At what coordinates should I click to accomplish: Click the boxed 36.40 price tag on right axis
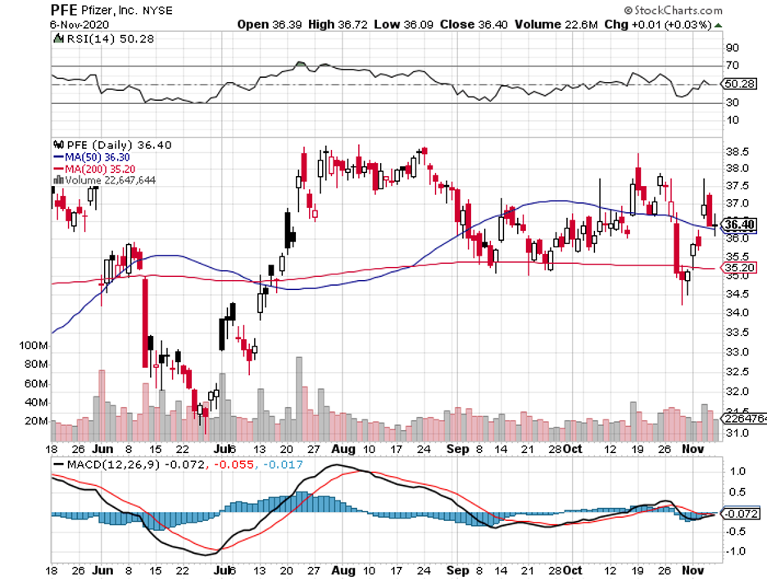click(738, 224)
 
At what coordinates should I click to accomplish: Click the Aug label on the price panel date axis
click(342, 450)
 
